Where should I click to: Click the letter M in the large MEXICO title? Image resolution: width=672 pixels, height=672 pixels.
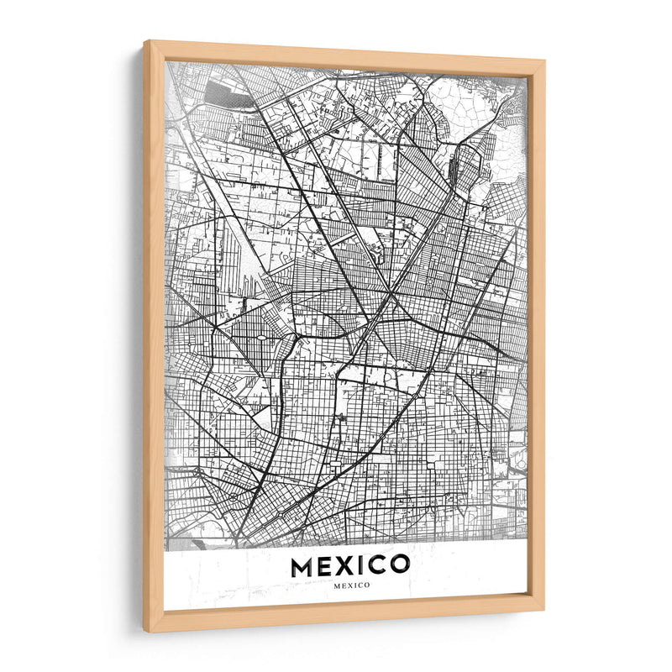coord(303,567)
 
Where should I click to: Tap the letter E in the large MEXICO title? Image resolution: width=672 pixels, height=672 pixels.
coord(326,567)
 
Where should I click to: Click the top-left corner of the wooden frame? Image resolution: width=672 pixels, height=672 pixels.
coord(146,42)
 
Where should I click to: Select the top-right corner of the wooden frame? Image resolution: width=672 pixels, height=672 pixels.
coord(542,61)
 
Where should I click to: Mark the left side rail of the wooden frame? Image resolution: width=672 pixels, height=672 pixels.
coord(155,336)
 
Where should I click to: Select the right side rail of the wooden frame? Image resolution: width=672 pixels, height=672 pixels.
coord(535,336)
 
